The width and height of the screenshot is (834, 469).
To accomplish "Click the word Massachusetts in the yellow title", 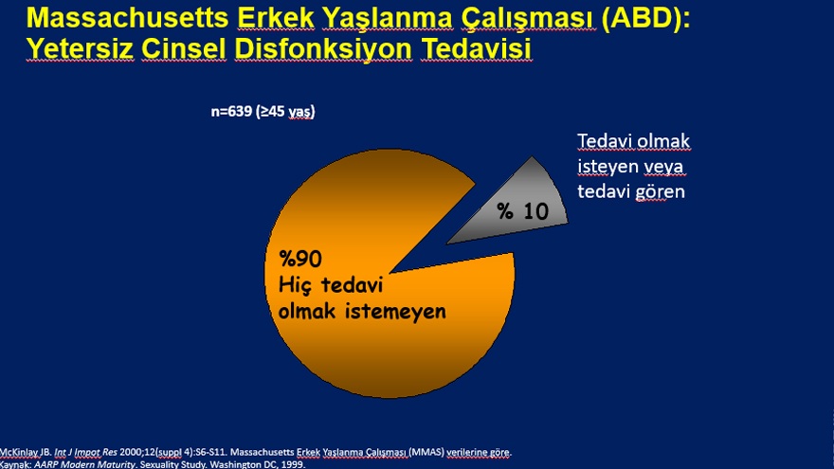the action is pyautogui.click(x=128, y=18).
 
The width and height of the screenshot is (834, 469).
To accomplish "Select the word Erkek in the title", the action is pyautogui.click(x=276, y=18).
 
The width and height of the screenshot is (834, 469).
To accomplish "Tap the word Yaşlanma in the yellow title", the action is pyautogui.click(x=388, y=19).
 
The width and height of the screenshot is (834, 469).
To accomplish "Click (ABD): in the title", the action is pyautogui.click(x=645, y=19).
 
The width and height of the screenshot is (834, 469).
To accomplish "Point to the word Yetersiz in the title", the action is pyautogui.click(x=80, y=49).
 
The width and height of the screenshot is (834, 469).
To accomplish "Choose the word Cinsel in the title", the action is pyautogui.click(x=184, y=49).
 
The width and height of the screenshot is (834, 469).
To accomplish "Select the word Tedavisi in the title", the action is pyautogui.click(x=476, y=49).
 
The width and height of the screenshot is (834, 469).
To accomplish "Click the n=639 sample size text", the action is pyautogui.click(x=263, y=112).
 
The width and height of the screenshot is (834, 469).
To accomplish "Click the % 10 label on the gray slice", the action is pyautogui.click(x=523, y=211).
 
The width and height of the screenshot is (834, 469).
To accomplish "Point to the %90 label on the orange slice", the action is pyautogui.click(x=300, y=259).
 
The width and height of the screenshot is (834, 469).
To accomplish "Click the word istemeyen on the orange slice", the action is pyautogui.click(x=396, y=311).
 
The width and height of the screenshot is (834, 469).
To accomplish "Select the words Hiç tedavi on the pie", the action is pyautogui.click(x=331, y=284).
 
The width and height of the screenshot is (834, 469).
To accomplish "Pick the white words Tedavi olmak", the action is pyautogui.click(x=633, y=141).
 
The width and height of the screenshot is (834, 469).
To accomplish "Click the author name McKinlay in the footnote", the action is pyautogui.click(x=20, y=453).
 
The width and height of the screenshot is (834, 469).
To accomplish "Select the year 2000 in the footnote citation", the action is pyautogui.click(x=131, y=453).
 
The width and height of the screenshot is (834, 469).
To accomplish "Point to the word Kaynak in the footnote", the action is pyautogui.click(x=15, y=464).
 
